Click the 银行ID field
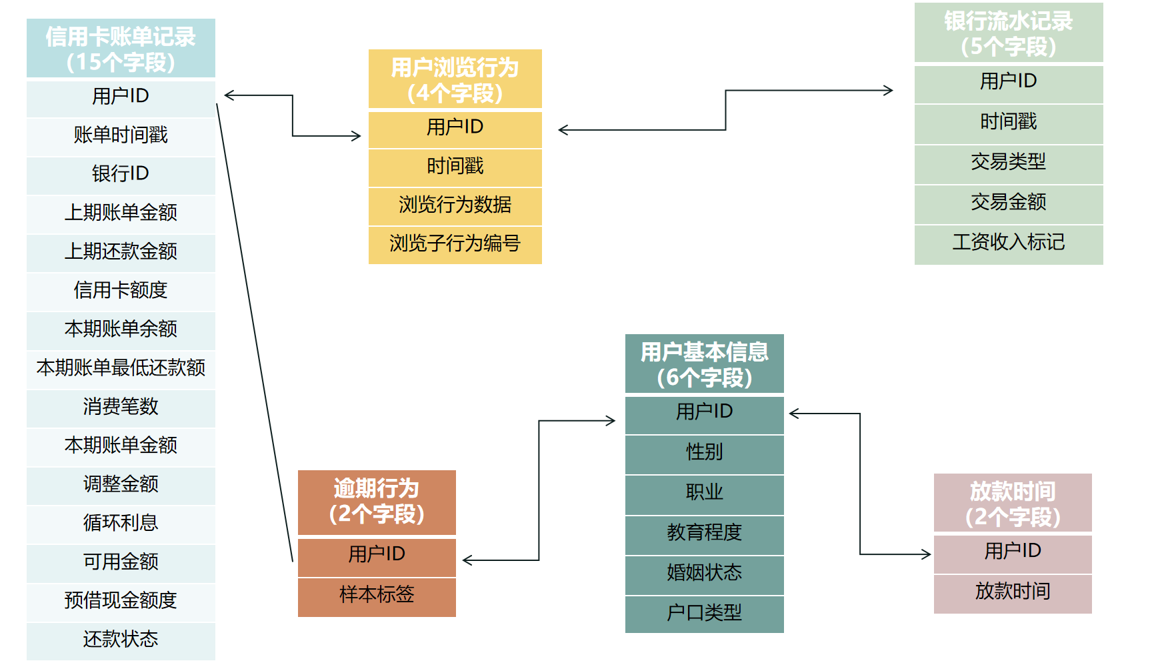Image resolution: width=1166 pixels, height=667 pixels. [121, 174]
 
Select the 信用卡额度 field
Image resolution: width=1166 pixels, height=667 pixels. [121, 290]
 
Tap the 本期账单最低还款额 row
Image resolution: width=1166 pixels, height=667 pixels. [121, 368]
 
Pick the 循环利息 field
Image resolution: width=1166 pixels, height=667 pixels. [121, 523]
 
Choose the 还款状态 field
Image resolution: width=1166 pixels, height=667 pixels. [121, 640]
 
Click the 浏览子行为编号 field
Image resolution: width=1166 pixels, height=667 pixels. [455, 243]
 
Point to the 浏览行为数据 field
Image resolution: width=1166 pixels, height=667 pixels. [455, 205]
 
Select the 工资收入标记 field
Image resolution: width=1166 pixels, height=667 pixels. [1008, 242]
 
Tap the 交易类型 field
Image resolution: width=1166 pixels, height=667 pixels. [1008, 162]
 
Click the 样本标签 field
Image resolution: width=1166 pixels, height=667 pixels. [377, 594]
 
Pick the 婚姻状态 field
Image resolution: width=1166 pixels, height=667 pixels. [704, 572]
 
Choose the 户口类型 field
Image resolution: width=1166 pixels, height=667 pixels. [704, 612]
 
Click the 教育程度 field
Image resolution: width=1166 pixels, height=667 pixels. [704, 532]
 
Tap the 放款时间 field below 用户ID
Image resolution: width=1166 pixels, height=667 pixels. [1012, 591]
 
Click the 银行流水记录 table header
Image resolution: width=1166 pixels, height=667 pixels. [1008, 33]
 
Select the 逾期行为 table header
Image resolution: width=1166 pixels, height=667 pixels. [377, 502]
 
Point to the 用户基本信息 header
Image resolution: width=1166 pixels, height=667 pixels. [704, 364]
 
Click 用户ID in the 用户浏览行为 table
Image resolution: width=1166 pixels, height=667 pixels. [455, 127]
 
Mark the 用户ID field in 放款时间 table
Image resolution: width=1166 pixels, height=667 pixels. [1012, 551]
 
